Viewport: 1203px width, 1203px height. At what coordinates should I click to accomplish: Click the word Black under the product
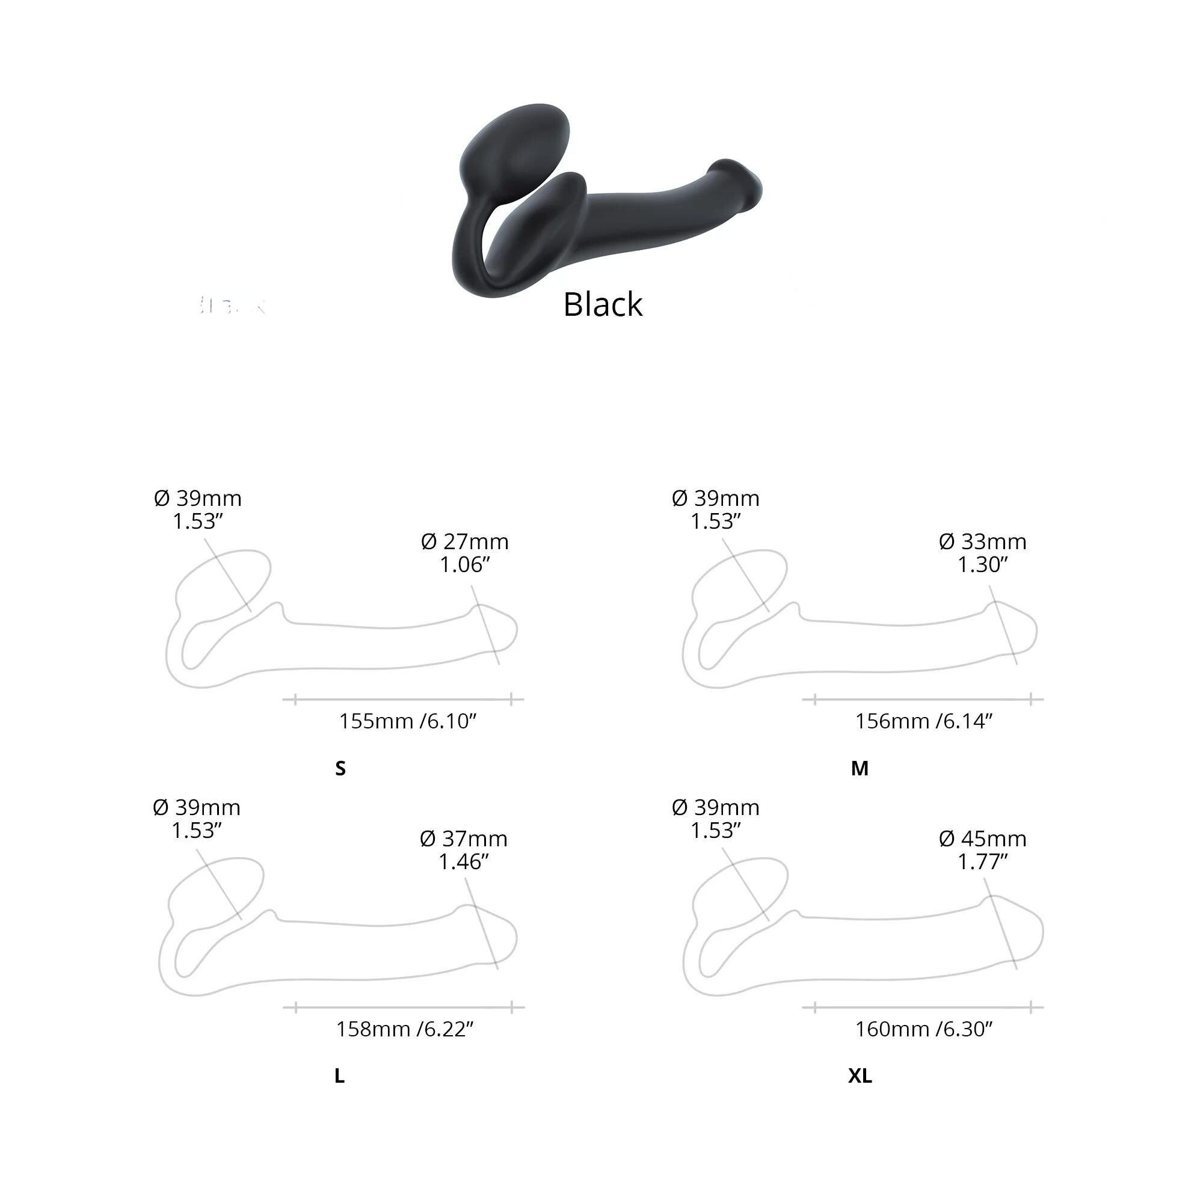[602, 304]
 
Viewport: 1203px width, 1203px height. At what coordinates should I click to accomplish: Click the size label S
[340, 768]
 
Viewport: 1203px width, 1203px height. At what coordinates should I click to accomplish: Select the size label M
[860, 768]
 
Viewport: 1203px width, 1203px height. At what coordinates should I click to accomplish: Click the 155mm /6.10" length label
[407, 721]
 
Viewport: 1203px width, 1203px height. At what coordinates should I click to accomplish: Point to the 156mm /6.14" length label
[923, 721]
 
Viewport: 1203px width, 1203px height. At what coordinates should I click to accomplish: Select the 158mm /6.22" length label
[405, 1029]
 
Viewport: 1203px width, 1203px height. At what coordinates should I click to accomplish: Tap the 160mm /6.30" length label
[923, 1029]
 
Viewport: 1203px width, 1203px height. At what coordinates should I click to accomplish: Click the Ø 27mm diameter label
[464, 542]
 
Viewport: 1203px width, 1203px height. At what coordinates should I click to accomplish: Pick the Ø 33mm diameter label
[983, 542]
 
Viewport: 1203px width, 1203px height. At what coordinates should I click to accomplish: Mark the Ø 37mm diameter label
[463, 838]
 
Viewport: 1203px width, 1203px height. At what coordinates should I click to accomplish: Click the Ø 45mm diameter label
[983, 838]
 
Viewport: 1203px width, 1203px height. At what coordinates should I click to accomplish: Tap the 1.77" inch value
[983, 862]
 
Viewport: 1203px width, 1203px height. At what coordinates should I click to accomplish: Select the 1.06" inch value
[464, 565]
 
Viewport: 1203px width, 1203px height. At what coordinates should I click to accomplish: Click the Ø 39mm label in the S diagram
[197, 498]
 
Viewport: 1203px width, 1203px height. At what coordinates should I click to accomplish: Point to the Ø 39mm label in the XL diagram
[715, 807]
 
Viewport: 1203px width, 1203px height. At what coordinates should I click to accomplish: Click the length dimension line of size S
[403, 700]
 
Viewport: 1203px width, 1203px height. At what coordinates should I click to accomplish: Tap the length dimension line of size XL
[923, 1007]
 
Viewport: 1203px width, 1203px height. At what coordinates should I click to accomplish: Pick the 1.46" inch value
[463, 862]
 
